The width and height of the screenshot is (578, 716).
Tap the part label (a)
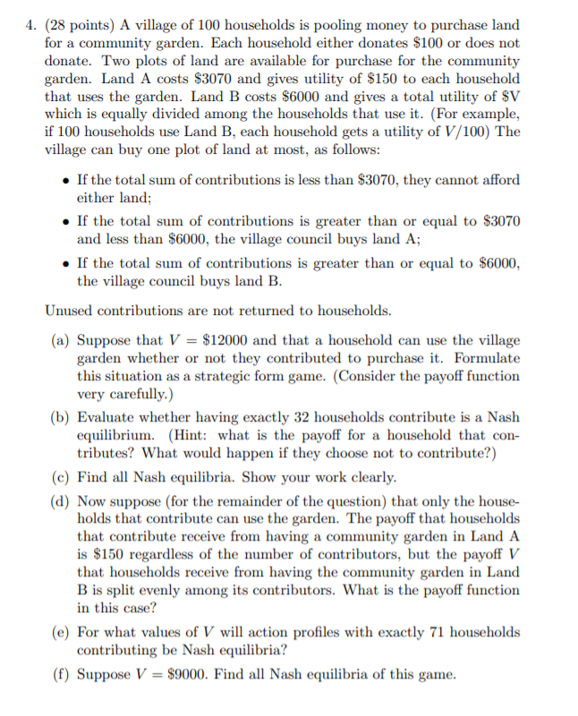coord(63,340)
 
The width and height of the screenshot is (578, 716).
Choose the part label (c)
coord(62,476)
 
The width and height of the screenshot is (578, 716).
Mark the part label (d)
coord(63,503)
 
